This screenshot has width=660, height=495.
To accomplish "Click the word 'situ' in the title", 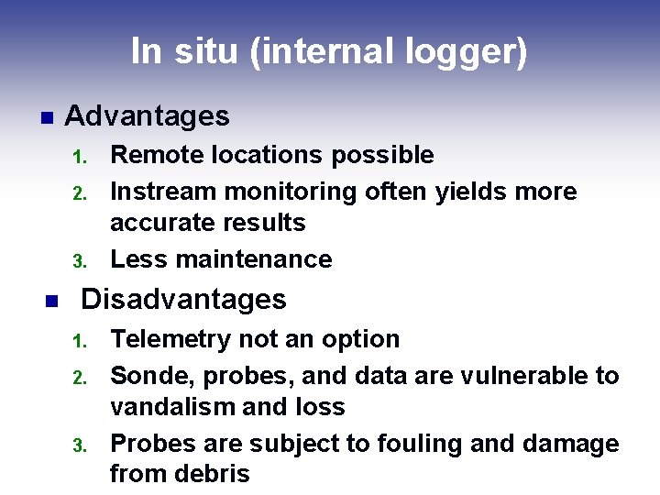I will click(x=206, y=51).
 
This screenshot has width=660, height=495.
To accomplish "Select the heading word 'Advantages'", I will click(x=148, y=116).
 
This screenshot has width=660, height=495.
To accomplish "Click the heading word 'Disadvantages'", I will click(x=184, y=300).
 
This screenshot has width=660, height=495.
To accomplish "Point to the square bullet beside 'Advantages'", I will click(x=45, y=117).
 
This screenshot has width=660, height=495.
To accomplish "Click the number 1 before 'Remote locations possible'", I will click(x=79, y=157).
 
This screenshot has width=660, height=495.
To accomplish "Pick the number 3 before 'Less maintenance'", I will click(x=79, y=261).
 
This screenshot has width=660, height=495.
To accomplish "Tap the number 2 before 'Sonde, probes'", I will click(x=79, y=378).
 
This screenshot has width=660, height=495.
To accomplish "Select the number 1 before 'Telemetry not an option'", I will click(x=79, y=341).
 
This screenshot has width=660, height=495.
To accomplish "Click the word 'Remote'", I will click(x=154, y=155).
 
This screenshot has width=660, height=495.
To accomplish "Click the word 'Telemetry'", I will click(x=171, y=339).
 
